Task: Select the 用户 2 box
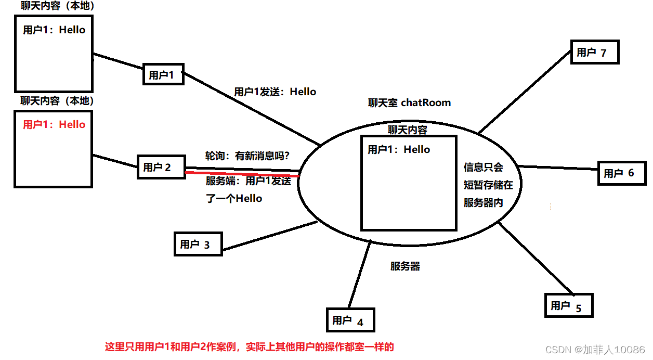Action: pos(161,167)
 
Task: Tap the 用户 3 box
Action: pos(199,244)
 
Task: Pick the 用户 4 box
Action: pos(350,320)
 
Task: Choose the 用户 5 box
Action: pos(568,306)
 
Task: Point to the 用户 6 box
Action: pos(622,173)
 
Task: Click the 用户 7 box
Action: pos(595,53)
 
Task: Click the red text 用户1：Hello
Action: pos(54,125)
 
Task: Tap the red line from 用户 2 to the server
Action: pos(242,174)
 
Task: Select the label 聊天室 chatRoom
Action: pos(409,103)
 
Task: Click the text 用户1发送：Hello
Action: pos(275,92)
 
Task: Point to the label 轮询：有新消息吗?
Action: pos(247,156)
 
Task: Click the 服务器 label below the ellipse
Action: pos(405,266)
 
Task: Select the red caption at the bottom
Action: pos(250,346)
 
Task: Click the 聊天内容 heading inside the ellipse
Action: pos(408,130)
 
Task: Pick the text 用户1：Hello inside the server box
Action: pos(399,150)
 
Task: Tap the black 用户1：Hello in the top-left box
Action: pos(54,30)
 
